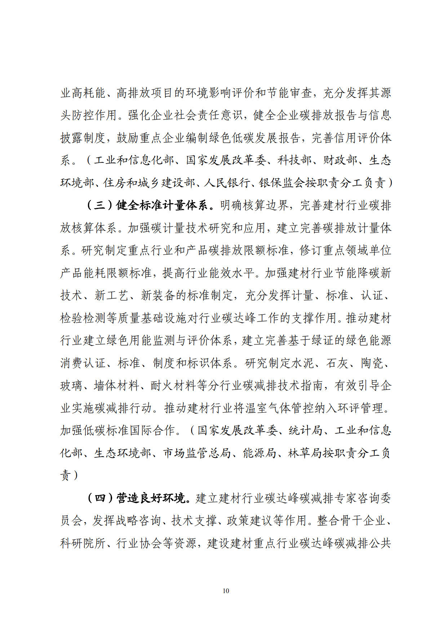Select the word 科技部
[295, 160]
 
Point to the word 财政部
[340, 160]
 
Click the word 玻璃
[71, 386]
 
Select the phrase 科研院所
[83, 543]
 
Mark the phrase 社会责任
[208, 115]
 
